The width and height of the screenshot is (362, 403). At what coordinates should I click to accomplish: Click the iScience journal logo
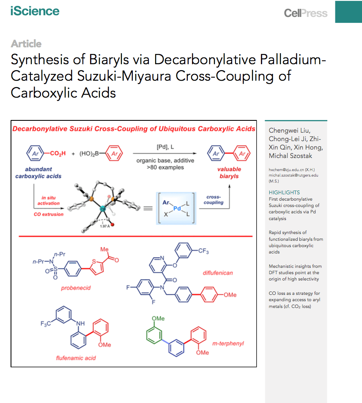coord(35,11)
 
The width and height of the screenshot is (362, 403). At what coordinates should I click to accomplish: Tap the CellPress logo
coord(306,13)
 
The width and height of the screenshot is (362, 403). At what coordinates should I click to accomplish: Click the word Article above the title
coord(26,44)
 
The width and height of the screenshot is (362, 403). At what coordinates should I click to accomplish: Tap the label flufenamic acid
coord(76,358)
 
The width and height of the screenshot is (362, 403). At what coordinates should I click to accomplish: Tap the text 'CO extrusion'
coord(48,214)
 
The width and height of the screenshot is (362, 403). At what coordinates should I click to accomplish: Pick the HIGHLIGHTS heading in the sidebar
coord(284,192)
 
